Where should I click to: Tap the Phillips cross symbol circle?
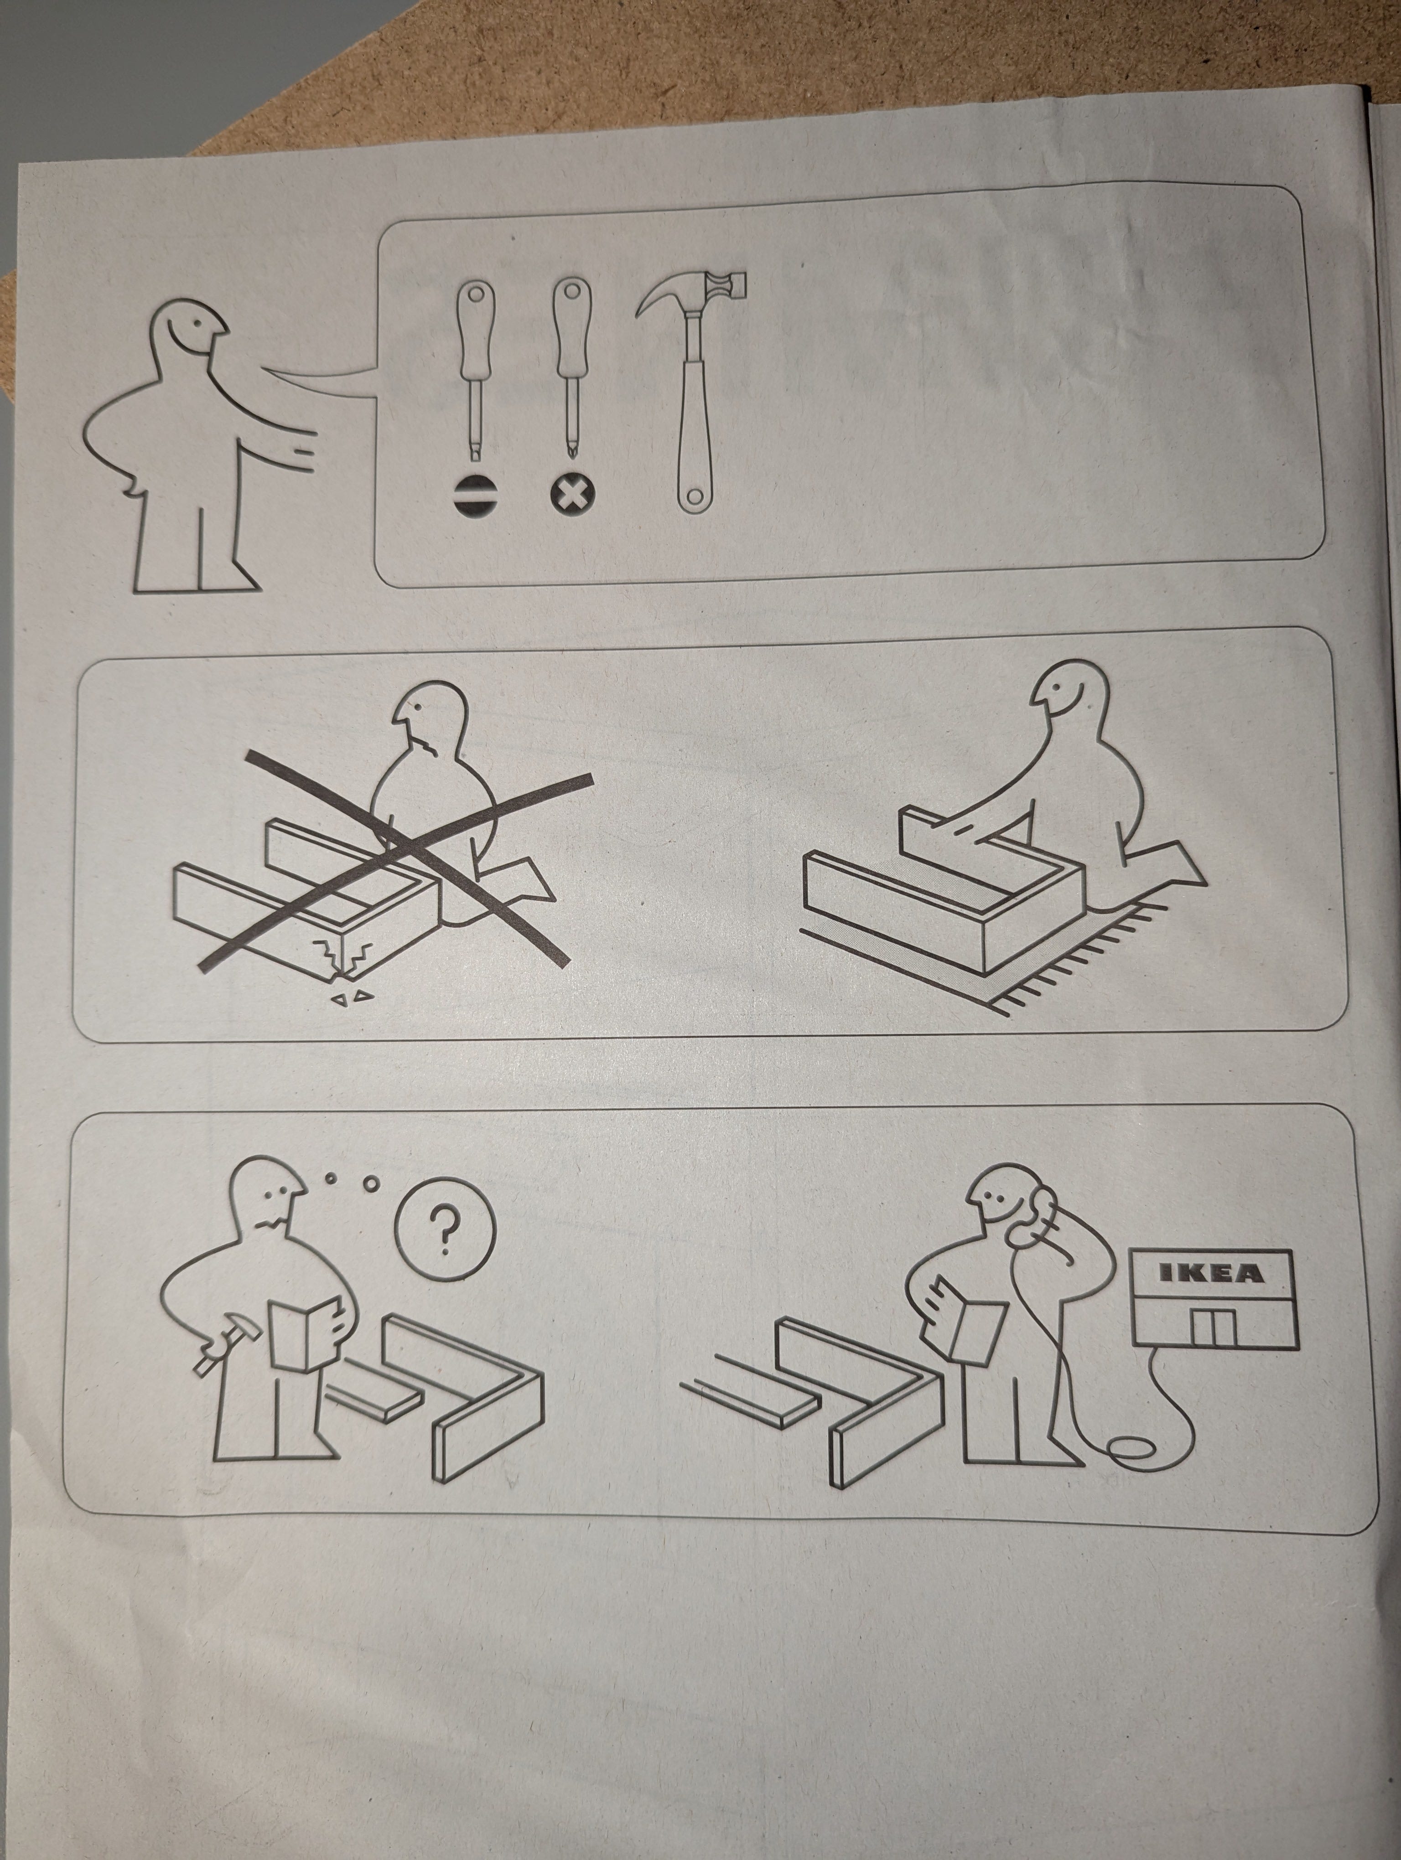572,495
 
